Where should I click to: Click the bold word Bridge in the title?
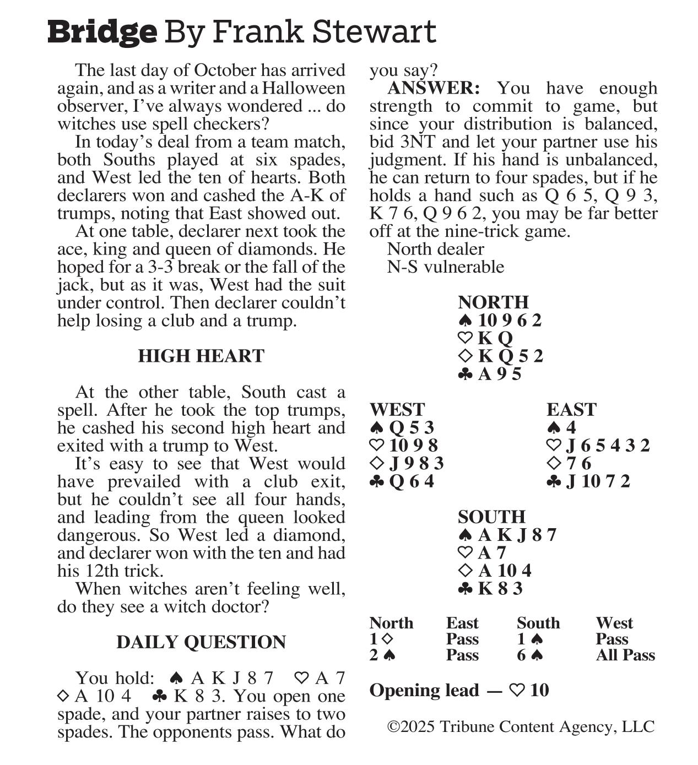(102, 32)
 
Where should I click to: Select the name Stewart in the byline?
(374, 32)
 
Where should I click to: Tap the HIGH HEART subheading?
(201, 356)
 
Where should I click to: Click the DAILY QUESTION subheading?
(201, 642)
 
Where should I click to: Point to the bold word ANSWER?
(434, 88)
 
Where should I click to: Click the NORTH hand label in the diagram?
(493, 302)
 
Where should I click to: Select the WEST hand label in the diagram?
(397, 409)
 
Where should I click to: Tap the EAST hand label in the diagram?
(571, 409)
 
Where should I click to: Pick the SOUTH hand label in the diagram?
(491, 517)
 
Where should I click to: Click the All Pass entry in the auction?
(625, 655)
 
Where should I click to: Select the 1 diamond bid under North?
(381, 639)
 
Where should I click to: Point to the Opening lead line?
(459, 690)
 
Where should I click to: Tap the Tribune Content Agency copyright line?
(521, 726)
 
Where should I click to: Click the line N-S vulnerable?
(445, 267)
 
